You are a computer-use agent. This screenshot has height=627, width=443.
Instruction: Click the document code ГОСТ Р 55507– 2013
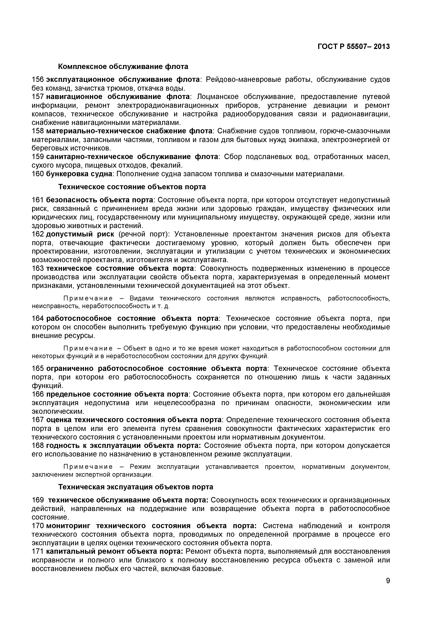click(x=354, y=47)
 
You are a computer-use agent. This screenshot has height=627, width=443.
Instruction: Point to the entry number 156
click(x=38, y=80)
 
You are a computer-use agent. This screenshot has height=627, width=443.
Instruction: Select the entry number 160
click(x=38, y=174)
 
